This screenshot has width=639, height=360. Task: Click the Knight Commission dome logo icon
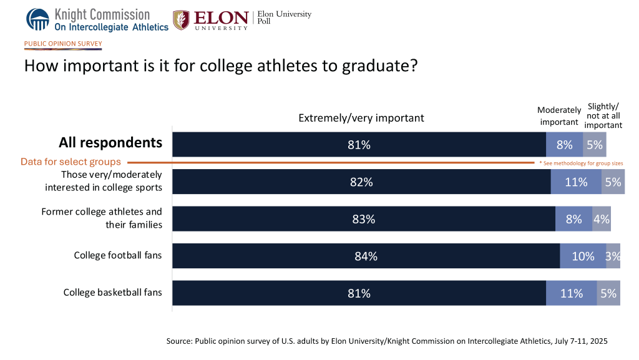click(37, 19)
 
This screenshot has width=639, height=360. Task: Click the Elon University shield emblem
click(182, 19)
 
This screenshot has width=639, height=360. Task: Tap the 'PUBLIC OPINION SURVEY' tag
click(62, 44)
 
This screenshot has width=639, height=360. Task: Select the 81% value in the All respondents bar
click(359, 145)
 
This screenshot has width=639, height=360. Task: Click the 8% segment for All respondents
click(564, 145)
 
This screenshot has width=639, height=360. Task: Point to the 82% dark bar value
click(361, 182)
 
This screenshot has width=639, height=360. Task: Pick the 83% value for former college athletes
click(363, 219)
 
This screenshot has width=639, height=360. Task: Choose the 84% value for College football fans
click(366, 256)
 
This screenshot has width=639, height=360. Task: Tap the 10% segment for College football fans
click(583, 256)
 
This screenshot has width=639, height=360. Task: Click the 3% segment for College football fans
click(613, 256)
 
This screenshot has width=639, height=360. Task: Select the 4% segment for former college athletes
click(602, 219)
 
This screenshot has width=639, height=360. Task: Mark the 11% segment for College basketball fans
click(571, 293)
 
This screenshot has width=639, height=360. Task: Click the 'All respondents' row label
click(110, 143)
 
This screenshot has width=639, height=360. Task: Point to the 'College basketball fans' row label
click(112, 292)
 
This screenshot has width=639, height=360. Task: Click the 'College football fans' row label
click(118, 255)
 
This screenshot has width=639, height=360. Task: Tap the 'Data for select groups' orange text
click(70, 162)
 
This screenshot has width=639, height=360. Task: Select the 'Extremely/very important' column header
click(361, 118)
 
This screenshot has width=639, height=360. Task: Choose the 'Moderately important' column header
click(559, 116)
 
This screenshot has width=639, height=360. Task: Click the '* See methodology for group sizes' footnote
click(580, 163)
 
